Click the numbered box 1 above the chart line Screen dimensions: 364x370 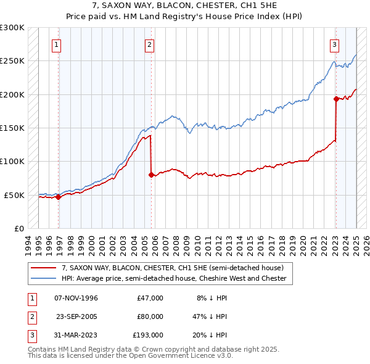56,44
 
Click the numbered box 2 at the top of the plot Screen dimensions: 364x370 150,44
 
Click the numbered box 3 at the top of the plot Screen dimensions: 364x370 334,44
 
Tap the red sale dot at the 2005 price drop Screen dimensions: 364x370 151,175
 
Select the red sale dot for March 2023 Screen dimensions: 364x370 336,99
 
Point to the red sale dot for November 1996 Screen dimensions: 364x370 59,197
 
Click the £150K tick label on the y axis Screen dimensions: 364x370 12,128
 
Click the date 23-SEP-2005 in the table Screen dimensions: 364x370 76,316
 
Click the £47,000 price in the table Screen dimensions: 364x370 150,298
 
